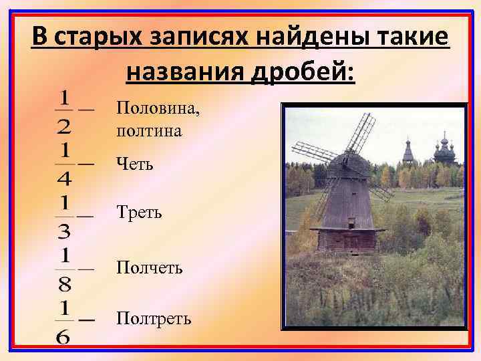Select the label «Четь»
click(135, 162)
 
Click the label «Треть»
click(139, 214)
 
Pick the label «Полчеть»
click(149, 267)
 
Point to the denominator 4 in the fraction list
click(65, 178)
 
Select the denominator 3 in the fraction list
click(65, 231)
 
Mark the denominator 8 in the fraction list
click(65, 285)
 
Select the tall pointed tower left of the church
click(408, 152)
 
